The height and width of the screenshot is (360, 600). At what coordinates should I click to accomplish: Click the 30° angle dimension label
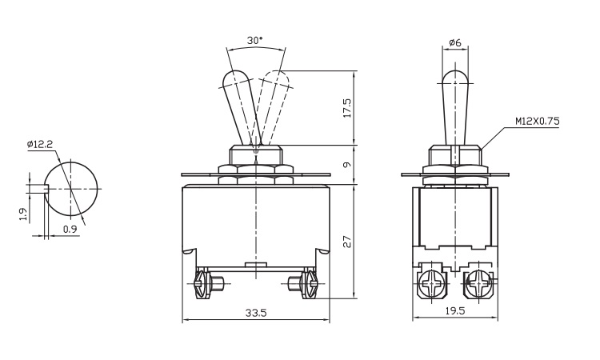[x=255, y=41]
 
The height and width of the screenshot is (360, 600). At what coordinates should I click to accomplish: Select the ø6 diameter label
[x=455, y=42]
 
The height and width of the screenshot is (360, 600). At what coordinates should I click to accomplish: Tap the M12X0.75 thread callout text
[x=538, y=122]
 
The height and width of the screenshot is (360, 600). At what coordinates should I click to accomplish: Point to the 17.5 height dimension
[x=347, y=107]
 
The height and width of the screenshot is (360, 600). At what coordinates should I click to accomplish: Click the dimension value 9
[x=347, y=165]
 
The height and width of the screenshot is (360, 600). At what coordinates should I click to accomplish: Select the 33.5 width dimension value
[x=256, y=313]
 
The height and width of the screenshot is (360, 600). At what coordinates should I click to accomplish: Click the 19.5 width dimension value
[x=455, y=310]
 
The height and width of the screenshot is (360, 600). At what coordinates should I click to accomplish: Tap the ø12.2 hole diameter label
[x=40, y=144]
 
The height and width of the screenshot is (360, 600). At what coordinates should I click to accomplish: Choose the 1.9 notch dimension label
[x=23, y=214]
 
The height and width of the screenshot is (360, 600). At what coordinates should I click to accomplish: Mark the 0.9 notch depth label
[x=70, y=229]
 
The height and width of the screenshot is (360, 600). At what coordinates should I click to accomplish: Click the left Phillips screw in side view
[x=433, y=284]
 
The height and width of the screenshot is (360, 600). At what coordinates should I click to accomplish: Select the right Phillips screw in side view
[x=478, y=284]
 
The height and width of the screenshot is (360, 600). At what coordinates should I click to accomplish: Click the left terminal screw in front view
[x=205, y=284]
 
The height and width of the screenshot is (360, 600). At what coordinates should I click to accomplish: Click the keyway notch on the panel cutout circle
[x=46, y=189]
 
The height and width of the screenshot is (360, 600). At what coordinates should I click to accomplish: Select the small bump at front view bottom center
[x=256, y=264]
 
